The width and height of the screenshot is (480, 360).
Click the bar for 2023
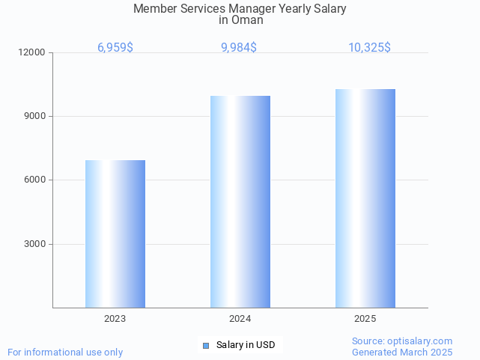115,234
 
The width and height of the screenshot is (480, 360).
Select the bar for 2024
240,201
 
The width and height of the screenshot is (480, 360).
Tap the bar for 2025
365,198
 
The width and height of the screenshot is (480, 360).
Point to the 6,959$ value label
115,48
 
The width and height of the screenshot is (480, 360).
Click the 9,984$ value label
239,48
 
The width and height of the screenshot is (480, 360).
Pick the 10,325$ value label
369,48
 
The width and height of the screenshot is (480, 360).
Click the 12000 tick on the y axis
33,52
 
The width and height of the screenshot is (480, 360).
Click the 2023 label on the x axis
115,319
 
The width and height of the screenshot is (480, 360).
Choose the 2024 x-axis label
240,319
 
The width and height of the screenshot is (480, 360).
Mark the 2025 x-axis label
365,319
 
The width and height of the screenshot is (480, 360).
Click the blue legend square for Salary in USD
206,345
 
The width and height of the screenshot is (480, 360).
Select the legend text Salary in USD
246,345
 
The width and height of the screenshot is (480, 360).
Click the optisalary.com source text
402,341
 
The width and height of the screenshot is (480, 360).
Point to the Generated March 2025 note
402,352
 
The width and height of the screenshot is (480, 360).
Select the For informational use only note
65,352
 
